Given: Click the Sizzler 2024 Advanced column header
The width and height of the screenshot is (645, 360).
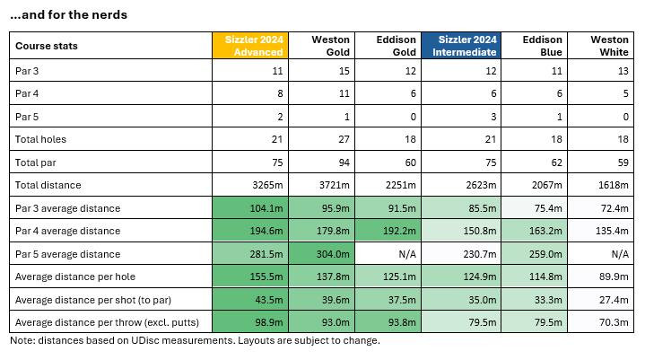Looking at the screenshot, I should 246,46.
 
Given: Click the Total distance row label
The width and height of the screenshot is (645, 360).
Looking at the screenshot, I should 48,185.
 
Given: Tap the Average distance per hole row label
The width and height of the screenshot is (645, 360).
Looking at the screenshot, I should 74,277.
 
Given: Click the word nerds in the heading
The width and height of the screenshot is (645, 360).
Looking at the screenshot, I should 108,14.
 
